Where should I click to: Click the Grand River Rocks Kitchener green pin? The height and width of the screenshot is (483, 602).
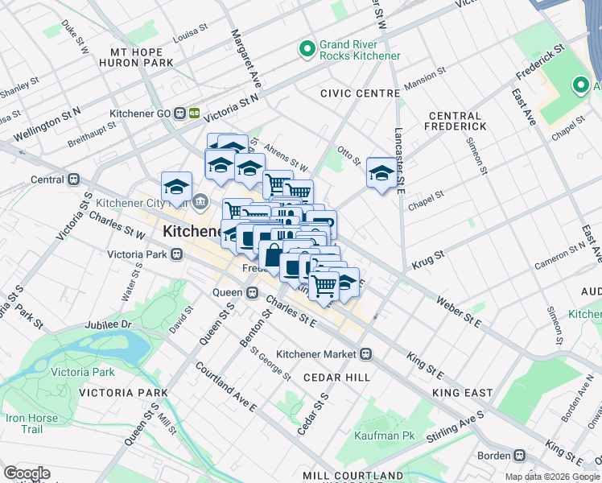[307, 50]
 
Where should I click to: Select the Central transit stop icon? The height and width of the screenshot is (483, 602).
[73, 180]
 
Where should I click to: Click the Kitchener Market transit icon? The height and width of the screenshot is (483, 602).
[365, 354]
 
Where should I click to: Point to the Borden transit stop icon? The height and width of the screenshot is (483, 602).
[521, 454]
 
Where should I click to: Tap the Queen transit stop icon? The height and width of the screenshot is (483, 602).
[251, 292]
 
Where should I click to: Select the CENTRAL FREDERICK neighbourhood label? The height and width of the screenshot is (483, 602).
[457, 121]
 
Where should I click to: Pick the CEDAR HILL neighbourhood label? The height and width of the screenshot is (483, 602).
[336, 377]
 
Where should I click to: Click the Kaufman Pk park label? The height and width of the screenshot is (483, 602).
[384, 436]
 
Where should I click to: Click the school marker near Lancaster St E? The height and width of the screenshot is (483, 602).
[381, 172]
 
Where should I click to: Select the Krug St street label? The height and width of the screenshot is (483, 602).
[428, 258]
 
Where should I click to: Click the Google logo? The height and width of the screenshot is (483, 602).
[27, 473]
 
